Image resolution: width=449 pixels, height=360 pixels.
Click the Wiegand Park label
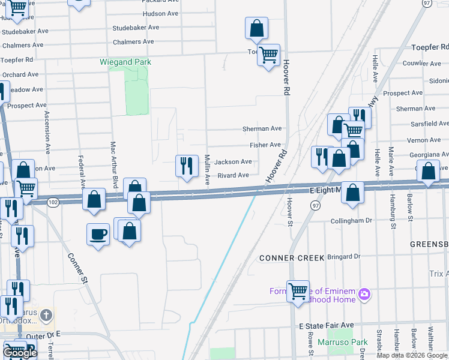click(x=125, y=62)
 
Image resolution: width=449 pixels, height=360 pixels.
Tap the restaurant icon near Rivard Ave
click(x=187, y=166)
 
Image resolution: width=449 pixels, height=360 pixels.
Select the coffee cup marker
click(x=98, y=234)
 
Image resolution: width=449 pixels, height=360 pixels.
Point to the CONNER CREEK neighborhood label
click(x=292, y=258)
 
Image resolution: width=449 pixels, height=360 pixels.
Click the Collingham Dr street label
click(x=351, y=221)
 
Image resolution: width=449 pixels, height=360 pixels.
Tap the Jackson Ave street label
click(x=233, y=162)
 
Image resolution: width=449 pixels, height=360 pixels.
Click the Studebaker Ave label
click(x=136, y=28)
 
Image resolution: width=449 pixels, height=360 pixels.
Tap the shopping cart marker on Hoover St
click(x=298, y=292)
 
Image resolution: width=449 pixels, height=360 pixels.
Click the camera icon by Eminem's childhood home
click(x=363, y=294)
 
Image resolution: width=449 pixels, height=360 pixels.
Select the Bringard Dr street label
click(x=343, y=256)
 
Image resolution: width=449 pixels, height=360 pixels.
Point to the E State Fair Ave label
click(x=327, y=325)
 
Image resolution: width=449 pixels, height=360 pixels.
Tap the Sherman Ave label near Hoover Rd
click(x=262, y=128)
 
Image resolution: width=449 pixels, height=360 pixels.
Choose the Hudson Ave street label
click(x=146, y=13)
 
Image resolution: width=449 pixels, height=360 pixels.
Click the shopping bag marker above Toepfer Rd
click(x=256, y=28)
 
